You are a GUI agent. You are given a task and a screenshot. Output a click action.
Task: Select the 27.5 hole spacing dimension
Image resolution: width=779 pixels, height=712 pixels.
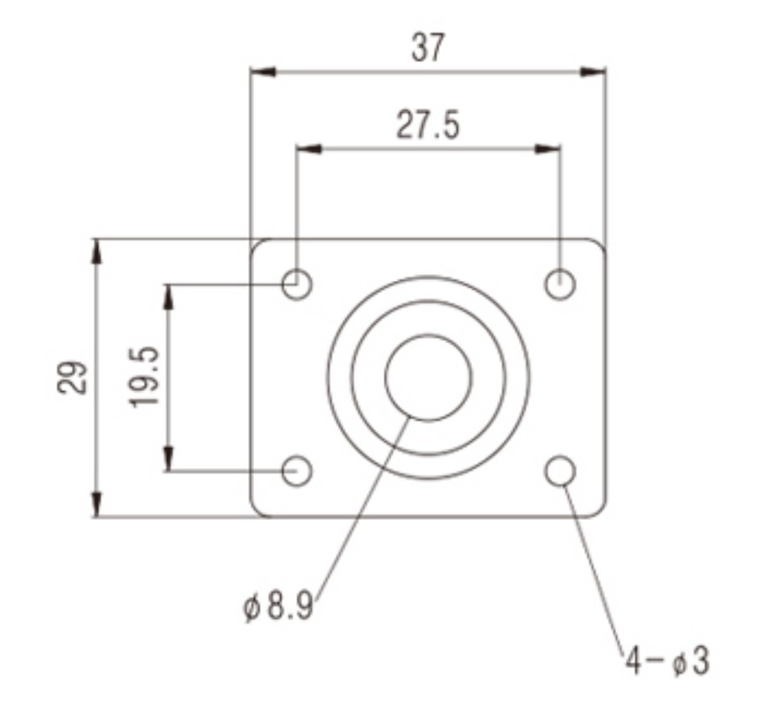pos(427,126)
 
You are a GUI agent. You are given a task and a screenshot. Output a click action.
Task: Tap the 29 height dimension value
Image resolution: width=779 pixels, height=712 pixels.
pos(72,378)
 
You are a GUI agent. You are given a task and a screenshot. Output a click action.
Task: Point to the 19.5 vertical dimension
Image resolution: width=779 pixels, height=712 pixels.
pos(145,378)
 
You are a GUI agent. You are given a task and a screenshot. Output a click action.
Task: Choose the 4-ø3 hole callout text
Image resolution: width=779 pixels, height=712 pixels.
pos(667,662)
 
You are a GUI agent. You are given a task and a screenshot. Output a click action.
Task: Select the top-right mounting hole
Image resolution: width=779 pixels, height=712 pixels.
pos(560,285)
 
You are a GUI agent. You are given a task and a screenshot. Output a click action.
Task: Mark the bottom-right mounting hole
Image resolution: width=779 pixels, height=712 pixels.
pos(560,471)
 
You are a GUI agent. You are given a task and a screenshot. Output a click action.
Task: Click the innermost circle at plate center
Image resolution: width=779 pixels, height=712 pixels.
pos(427,378)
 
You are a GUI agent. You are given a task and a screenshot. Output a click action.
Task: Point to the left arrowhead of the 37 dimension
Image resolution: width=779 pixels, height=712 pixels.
pos(263,72)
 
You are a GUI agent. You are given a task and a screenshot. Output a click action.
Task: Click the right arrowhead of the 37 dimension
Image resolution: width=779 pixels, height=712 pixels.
pos(593,72)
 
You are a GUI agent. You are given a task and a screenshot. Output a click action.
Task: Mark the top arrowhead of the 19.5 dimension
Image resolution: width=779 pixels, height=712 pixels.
pos(170,297)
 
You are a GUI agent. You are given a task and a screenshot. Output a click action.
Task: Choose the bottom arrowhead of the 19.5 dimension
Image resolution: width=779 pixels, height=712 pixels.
pos(170,459)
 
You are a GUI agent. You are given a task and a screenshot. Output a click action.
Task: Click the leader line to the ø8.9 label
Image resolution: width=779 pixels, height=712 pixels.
pos(359,510)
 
